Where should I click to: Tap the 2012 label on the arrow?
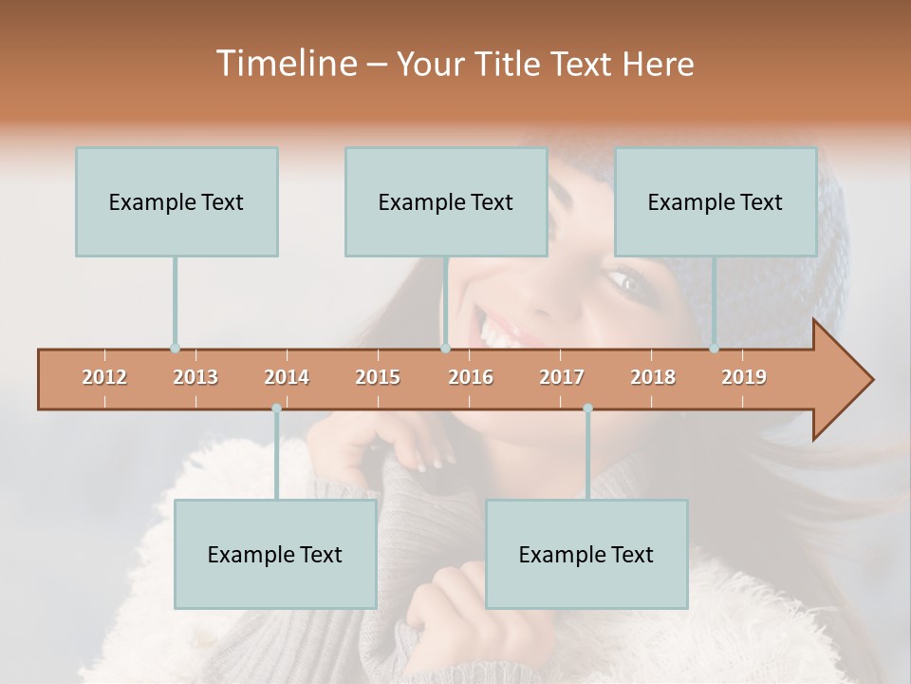[x=104, y=377]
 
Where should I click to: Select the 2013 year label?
[x=195, y=377]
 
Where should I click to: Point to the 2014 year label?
[x=287, y=377]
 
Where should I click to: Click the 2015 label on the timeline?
[x=378, y=377]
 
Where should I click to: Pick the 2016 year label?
[x=471, y=377]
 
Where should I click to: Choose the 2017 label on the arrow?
[x=562, y=377]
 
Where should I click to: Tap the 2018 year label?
[x=653, y=377]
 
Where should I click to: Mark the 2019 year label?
[x=744, y=377]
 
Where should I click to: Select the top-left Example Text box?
[x=177, y=201]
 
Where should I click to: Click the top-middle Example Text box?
[x=446, y=201]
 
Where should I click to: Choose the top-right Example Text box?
[x=716, y=201]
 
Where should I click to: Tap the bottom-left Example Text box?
[x=275, y=554]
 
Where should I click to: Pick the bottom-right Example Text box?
[x=586, y=554]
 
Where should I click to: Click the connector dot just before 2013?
[x=175, y=349]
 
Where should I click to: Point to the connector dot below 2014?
[x=276, y=408]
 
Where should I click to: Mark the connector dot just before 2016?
[x=445, y=349]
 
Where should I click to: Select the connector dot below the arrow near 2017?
[x=587, y=408]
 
